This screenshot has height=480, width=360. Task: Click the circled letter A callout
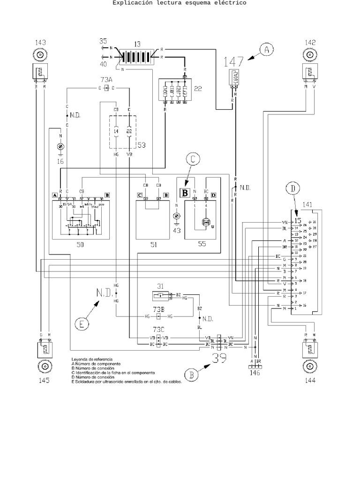(x=267, y=50)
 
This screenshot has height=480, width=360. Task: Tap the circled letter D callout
(x=292, y=189)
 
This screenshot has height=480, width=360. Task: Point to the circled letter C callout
(x=192, y=160)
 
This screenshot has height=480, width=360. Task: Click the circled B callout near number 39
(x=191, y=375)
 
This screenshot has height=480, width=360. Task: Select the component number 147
(x=234, y=61)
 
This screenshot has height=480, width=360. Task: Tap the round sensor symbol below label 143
(x=41, y=55)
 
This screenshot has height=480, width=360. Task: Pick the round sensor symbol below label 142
(x=309, y=55)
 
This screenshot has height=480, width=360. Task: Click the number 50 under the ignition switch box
(x=79, y=245)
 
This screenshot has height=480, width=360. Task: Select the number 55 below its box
(x=202, y=245)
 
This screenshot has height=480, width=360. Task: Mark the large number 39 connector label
(x=219, y=359)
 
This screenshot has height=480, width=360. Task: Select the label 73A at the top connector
(x=107, y=80)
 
